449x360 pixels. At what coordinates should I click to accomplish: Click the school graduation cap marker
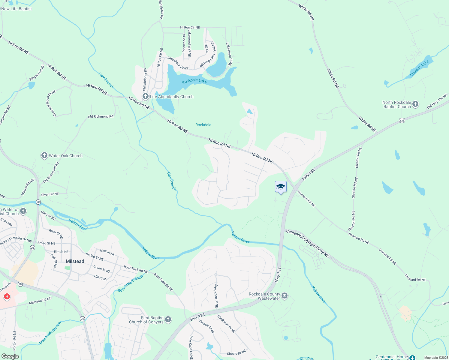(x=281, y=187)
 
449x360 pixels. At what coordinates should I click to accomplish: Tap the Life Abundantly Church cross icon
(x=146, y=96)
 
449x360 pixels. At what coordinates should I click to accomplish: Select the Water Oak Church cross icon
(x=44, y=155)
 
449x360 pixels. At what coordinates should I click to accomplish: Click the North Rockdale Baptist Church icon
(x=415, y=104)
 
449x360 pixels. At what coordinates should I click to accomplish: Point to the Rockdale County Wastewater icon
(x=285, y=296)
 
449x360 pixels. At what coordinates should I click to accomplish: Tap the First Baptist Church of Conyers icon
(x=168, y=319)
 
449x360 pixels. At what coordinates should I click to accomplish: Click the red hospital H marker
(x=7, y=297)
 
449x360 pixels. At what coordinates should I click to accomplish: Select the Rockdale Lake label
(x=194, y=81)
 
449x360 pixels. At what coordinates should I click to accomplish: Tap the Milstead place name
(x=75, y=261)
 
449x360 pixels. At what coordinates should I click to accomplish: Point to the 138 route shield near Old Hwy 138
(x=402, y=120)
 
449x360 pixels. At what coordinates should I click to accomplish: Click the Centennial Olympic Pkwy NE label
(x=307, y=243)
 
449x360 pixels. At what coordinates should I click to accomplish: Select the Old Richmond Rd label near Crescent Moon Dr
(x=101, y=116)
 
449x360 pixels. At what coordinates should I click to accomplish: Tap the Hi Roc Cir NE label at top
(x=190, y=27)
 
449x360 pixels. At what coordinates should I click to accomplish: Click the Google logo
(x=10, y=356)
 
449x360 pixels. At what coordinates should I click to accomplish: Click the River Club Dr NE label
(x=216, y=296)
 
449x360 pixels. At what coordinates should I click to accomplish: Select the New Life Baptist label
(x=17, y=9)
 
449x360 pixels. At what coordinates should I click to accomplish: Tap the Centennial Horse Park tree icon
(x=413, y=358)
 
